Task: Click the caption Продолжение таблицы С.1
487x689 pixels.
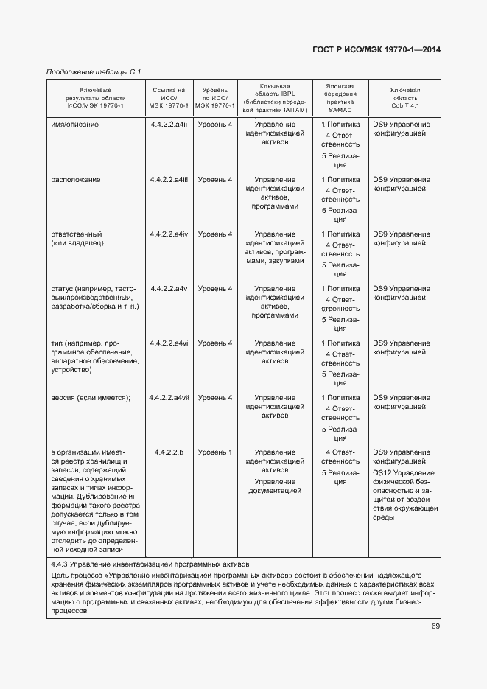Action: coord(94,71)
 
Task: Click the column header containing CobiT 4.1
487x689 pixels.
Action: coord(405,98)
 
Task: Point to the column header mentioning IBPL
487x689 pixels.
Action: coord(274,98)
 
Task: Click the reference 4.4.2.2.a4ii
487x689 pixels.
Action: coord(169,125)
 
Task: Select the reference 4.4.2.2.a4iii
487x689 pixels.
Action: coord(169,180)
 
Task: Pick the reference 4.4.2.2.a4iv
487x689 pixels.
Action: coord(169,234)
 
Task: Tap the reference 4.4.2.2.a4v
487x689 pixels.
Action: coord(169,289)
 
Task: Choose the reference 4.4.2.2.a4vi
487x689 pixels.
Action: coord(169,343)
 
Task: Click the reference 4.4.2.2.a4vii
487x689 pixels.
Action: coord(169,398)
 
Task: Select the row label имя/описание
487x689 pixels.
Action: coord(74,125)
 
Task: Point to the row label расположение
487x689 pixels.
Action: coord(75,180)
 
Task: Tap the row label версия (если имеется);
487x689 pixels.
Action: coord(90,398)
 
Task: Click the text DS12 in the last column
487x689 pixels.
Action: coord(382,472)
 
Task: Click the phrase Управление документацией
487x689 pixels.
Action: coord(275,485)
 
